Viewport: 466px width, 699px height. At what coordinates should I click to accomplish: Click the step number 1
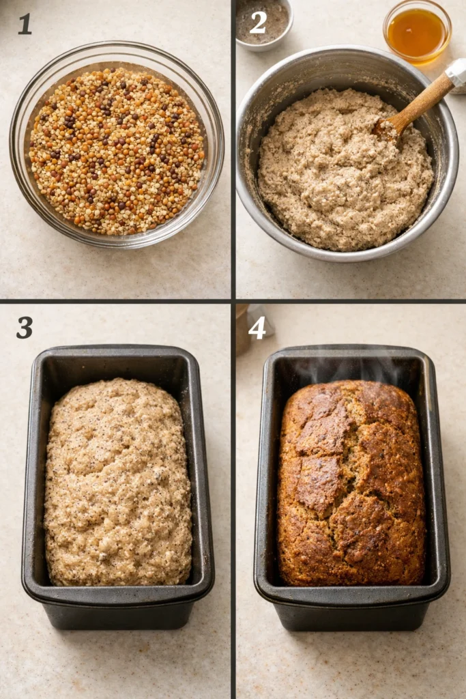pos(25,24)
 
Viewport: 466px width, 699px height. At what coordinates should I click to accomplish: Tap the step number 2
pos(258,23)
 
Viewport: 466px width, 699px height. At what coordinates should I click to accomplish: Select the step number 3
pos(25,328)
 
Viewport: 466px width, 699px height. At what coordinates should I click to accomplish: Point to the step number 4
pos(257,328)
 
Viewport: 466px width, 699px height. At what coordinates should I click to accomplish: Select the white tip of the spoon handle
pos(456,74)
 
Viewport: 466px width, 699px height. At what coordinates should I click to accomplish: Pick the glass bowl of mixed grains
pos(117,145)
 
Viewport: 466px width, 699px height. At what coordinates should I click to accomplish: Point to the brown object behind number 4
pos(242,330)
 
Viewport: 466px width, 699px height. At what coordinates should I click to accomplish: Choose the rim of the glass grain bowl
pos(117,44)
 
